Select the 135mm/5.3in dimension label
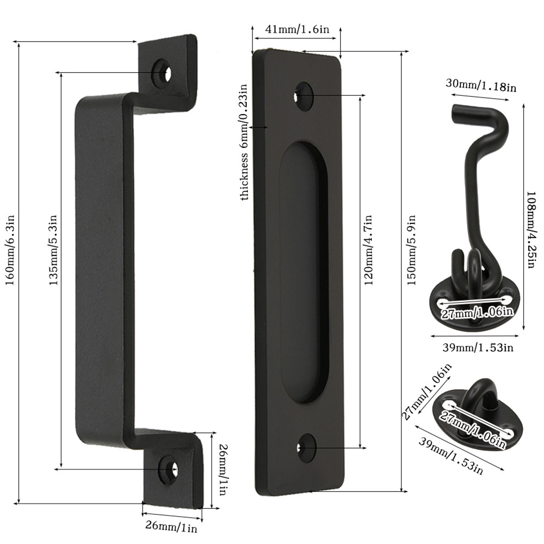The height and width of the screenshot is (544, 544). pyautogui.click(x=53, y=250)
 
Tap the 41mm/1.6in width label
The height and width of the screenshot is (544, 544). pyautogui.click(x=297, y=29)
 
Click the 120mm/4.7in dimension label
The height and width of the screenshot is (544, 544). pyautogui.click(x=368, y=250)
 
